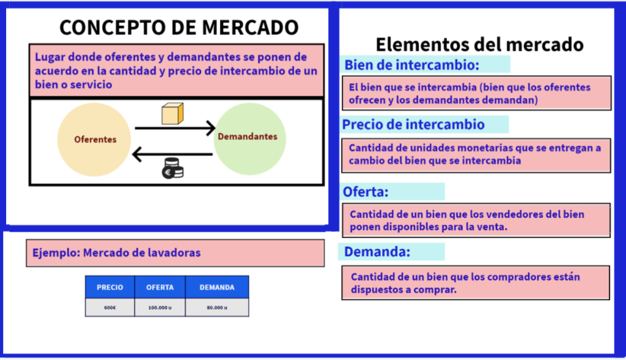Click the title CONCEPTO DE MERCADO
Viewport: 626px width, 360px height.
179,28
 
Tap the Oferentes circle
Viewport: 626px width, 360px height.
94,139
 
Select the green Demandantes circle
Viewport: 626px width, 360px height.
249,139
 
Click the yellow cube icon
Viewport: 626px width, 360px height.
172,114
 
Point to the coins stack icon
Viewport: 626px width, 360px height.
172,168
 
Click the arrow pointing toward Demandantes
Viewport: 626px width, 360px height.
175,128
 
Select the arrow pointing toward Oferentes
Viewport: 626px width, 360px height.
172,155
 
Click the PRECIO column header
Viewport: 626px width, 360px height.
110,287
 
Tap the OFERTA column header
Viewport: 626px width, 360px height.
160,287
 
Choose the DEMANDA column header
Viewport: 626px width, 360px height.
217,287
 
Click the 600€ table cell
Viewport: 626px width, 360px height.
110,307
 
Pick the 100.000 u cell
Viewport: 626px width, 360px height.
160,307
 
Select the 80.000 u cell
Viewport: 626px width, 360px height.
217,307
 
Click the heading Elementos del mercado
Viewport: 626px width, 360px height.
479,44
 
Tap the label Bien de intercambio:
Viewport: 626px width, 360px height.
411,65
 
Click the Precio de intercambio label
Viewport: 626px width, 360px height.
413,125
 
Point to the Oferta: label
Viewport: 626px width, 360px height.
366,192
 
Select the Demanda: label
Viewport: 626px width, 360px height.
377,252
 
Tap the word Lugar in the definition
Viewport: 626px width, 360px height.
50,57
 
